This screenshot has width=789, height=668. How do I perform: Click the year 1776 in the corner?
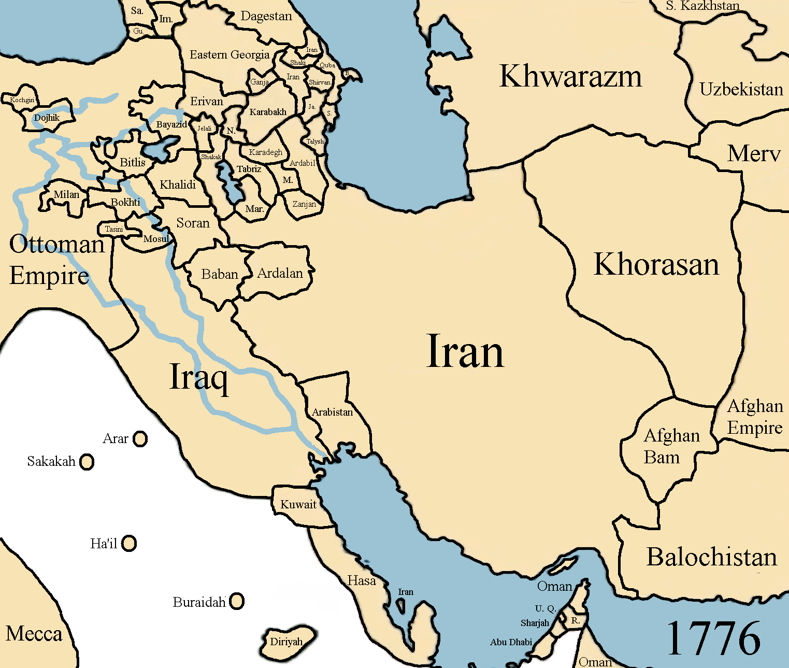[713, 639]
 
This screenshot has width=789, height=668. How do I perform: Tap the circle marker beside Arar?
[140, 439]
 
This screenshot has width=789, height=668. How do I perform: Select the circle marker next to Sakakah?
[87, 461]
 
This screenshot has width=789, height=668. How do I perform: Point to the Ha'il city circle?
[129, 543]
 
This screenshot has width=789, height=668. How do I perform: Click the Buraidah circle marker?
[237, 601]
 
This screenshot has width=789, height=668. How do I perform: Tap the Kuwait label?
[298, 504]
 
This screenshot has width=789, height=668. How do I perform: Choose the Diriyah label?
[286, 642]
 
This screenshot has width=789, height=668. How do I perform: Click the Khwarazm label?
[570, 76]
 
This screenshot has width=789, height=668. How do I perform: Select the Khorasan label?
[656, 264]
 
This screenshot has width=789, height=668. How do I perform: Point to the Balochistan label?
[712, 557]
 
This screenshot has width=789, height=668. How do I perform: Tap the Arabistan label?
[332, 412]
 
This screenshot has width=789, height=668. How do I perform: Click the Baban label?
[220, 274]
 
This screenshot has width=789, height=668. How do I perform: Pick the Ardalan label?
[280, 273]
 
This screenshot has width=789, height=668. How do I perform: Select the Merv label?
[753, 154]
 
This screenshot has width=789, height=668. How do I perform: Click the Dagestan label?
[266, 16]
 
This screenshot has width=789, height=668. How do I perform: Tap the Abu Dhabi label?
[511, 642]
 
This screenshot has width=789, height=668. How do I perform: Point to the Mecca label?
[34, 634]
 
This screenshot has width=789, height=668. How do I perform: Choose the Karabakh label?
[268, 112]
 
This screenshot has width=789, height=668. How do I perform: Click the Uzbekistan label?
[741, 90]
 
